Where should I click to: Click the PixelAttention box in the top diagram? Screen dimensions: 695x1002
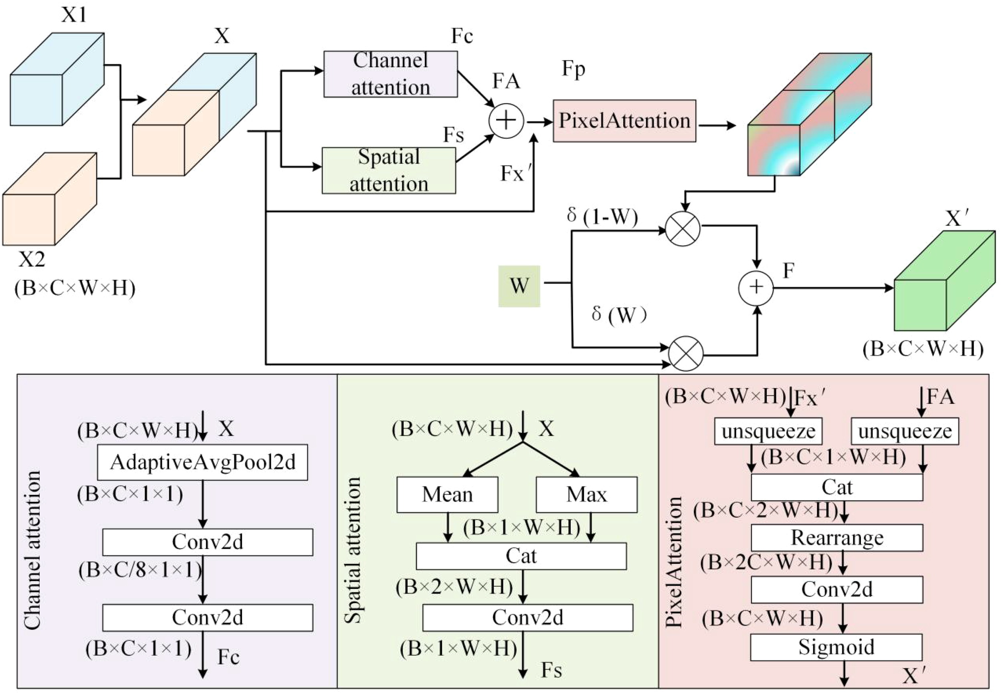tap(624, 121)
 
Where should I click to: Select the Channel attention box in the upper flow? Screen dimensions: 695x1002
tap(390, 74)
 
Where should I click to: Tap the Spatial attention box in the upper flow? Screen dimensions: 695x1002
tap(389, 170)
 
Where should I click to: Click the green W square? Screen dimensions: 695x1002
tap(519, 286)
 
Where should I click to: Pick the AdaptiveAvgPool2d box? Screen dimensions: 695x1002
tap(202, 462)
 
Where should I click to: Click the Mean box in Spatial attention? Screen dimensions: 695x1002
tap(447, 494)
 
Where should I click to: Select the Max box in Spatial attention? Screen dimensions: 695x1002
tap(586, 494)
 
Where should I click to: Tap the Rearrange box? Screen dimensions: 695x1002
tap(836, 537)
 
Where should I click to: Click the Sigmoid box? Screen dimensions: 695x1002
tap(836, 647)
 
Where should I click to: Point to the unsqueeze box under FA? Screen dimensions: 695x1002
tap(905, 431)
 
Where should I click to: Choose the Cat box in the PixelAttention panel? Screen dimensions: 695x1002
tap(836, 487)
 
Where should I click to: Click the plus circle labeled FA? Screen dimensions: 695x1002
tap(506, 121)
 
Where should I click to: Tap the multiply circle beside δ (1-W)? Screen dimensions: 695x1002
tap(683, 229)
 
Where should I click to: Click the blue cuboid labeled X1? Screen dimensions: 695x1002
tap(57, 81)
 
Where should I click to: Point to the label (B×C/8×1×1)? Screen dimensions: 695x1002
tap(140, 570)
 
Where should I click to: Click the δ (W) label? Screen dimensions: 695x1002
tap(618, 314)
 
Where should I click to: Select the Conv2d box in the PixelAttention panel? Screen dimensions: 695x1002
tap(836, 590)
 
